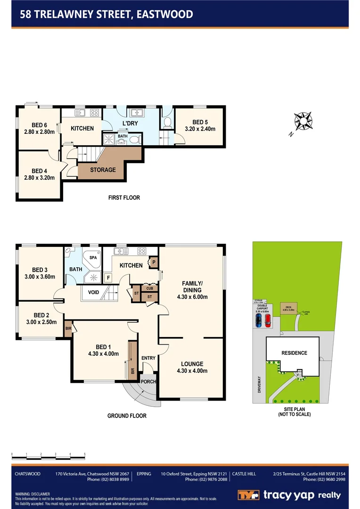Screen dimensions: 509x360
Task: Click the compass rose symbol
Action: [303, 122]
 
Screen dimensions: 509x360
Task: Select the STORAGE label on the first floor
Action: [102, 170]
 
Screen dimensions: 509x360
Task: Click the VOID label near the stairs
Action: [93, 292]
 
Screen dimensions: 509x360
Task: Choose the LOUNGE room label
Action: [191, 364]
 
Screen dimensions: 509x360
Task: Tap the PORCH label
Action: [148, 382]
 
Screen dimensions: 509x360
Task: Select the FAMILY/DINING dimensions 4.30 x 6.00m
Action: [191, 297]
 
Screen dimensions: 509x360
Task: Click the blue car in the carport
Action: [258, 321]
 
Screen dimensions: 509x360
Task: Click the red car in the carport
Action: [268, 321]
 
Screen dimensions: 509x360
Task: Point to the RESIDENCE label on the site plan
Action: [294, 353]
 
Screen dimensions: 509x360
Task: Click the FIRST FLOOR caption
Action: [124, 197]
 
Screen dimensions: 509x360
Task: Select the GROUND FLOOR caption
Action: [127, 416]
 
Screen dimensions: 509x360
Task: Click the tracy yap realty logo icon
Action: [248, 495]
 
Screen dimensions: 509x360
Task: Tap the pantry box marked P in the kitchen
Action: [154, 263]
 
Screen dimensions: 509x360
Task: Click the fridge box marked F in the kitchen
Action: [107, 278]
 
